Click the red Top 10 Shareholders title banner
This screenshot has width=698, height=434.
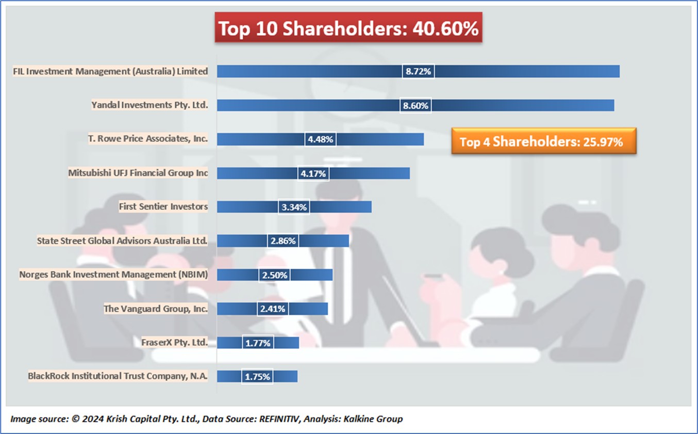[x=348, y=28]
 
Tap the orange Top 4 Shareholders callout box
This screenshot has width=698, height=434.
[x=543, y=141]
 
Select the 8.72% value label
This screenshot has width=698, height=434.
[x=418, y=71]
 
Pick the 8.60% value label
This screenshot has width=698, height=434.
[x=416, y=105]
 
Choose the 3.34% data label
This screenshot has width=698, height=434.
[x=294, y=207]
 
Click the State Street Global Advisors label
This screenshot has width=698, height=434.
[x=122, y=240]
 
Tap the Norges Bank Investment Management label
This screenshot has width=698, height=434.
[x=113, y=275]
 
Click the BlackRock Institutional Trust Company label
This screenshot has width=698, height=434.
[x=118, y=376]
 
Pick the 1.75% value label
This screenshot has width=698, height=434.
[x=257, y=377]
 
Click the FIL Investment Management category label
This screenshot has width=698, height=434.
[x=110, y=71]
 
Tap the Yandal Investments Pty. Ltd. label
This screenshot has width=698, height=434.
[x=149, y=105]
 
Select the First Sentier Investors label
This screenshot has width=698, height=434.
[x=163, y=206]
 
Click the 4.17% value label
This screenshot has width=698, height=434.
[x=313, y=173]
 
